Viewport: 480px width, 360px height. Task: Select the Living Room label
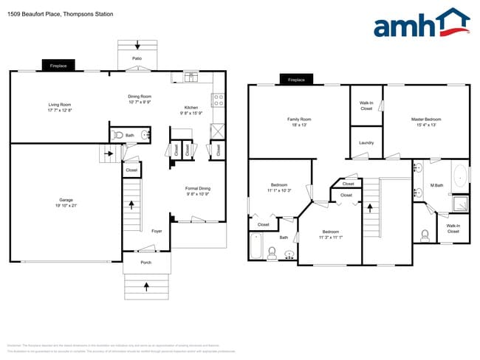(x=60, y=105)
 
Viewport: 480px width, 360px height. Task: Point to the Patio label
(x=137, y=58)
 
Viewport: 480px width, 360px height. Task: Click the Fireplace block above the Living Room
(x=58, y=66)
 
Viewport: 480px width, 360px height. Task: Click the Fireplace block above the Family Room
(x=296, y=80)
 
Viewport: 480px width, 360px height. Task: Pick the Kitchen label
(x=191, y=108)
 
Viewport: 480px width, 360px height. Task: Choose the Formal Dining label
(x=197, y=188)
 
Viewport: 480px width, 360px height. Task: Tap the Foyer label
(x=157, y=231)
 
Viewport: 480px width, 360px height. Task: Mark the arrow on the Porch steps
(x=145, y=284)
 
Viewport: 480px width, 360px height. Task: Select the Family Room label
(x=299, y=119)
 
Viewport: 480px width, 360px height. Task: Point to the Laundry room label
(x=366, y=142)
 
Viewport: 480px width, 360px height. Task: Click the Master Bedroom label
(x=426, y=119)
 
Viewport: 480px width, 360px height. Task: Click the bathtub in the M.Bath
(x=461, y=176)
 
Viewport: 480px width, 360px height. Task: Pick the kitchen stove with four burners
(x=219, y=100)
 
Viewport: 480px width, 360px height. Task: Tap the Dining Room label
(x=140, y=97)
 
